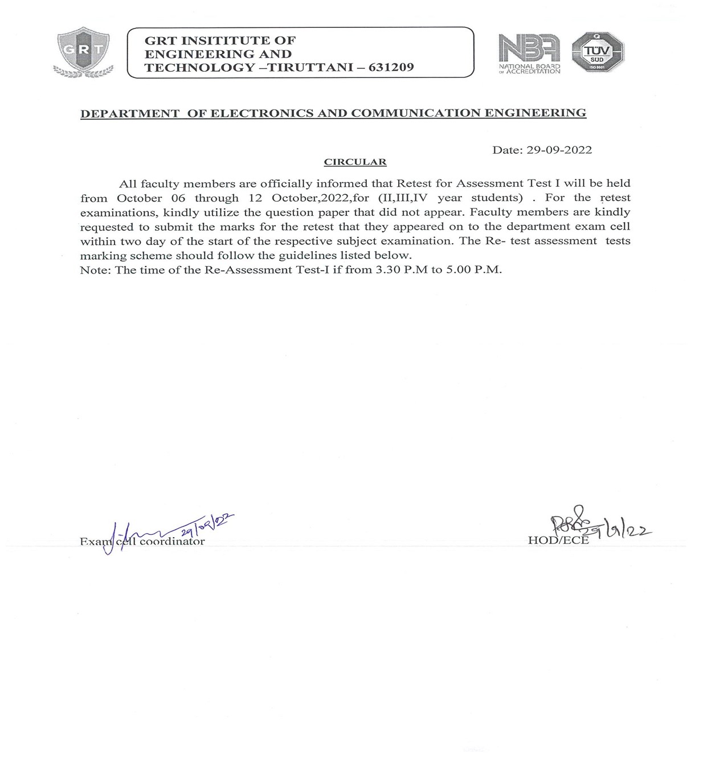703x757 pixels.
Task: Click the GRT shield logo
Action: [x=83, y=52]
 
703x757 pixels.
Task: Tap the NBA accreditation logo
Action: [x=529, y=53]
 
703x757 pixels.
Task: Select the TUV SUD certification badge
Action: [x=598, y=52]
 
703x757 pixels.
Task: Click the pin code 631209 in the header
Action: [x=391, y=68]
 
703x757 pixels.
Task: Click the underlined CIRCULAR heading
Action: [x=355, y=162]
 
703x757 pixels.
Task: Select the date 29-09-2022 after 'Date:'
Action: [x=559, y=150]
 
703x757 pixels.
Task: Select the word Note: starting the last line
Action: [x=96, y=270]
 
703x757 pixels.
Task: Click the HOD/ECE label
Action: [x=558, y=541]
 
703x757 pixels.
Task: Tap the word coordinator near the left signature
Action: [x=172, y=542]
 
